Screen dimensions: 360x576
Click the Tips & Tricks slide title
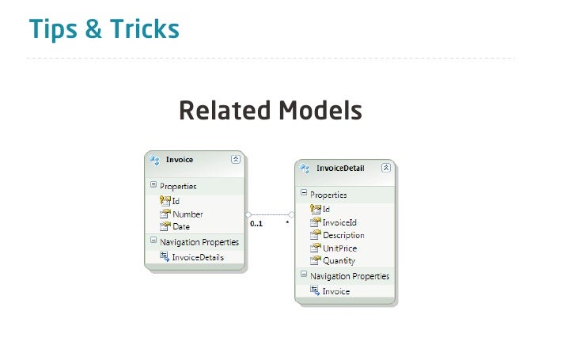tap(104, 30)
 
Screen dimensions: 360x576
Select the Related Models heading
tap(270, 111)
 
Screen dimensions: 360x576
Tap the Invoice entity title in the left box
tap(180, 159)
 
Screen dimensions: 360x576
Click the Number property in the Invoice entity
tap(188, 214)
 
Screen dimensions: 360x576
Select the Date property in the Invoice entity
tap(181, 226)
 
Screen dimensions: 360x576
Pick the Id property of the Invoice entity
tap(176, 201)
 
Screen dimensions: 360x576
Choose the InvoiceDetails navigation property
tap(198, 256)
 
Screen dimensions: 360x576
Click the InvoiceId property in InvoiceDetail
tap(340, 222)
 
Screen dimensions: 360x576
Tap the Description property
tap(343, 235)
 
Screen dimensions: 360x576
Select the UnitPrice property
tap(339, 248)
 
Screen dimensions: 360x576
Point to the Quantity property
tap(339, 260)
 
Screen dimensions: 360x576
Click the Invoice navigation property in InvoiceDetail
tap(335, 291)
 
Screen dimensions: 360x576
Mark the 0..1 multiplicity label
tap(256, 224)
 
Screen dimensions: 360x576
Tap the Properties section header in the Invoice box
tap(178, 187)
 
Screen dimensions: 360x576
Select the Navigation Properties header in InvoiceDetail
tap(349, 276)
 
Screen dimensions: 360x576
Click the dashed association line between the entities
tap(270, 214)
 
